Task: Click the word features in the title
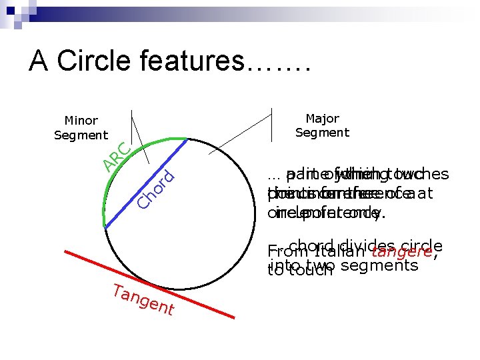193,61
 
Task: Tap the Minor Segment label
81,128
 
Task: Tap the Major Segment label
322,126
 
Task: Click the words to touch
299,270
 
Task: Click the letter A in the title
39,61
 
